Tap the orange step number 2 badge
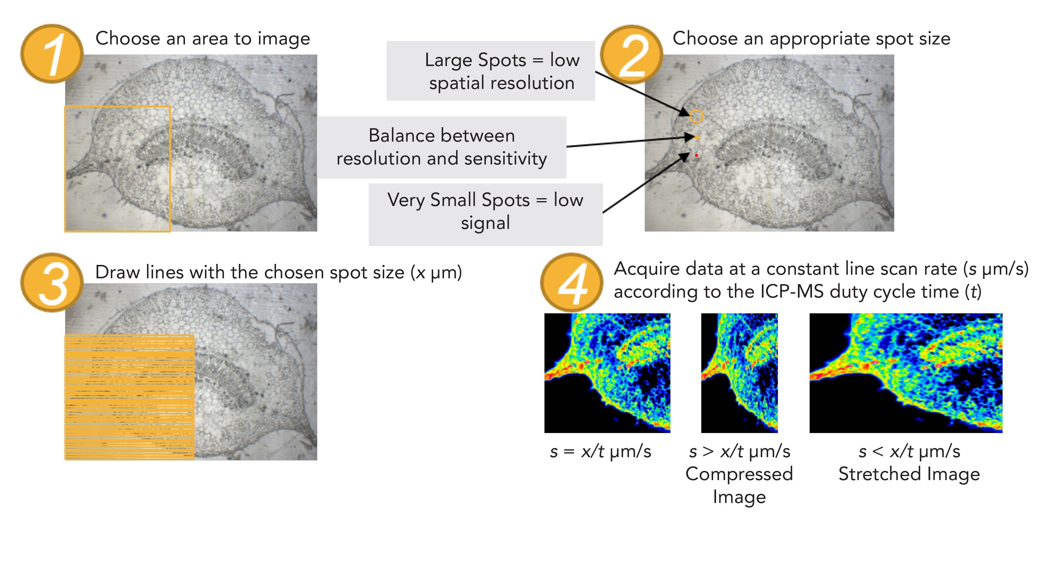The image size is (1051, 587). pos(631,54)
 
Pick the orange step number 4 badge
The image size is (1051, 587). pos(572,283)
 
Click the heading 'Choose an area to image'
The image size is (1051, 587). pos(202,39)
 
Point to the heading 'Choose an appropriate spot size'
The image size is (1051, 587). pos(811,39)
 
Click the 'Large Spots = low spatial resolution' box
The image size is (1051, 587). pos(490,71)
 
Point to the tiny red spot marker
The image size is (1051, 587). pos(696,155)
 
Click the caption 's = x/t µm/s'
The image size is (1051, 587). pos(600,452)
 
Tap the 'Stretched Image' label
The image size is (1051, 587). pos(909,474)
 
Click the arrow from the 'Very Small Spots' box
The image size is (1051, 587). pos(645,183)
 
